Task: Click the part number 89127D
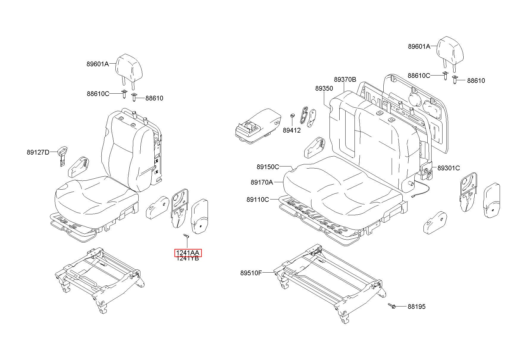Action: [x=38, y=153]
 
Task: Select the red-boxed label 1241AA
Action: [x=188, y=253]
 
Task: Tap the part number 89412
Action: [x=291, y=130]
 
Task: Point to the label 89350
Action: [x=324, y=89]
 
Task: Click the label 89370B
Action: [x=345, y=80]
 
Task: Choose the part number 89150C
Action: [x=268, y=167]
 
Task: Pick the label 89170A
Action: [x=262, y=183]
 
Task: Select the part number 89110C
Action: [x=258, y=199]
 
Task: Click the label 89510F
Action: [x=251, y=273]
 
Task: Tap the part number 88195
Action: [x=416, y=306]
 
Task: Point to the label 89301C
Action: [x=448, y=168]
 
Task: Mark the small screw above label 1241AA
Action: [x=186, y=236]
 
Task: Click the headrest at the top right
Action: [x=450, y=54]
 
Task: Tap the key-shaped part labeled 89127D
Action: [x=62, y=156]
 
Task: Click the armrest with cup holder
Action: [x=258, y=127]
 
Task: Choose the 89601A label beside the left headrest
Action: [x=98, y=64]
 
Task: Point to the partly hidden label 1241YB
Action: [x=188, y=259]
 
